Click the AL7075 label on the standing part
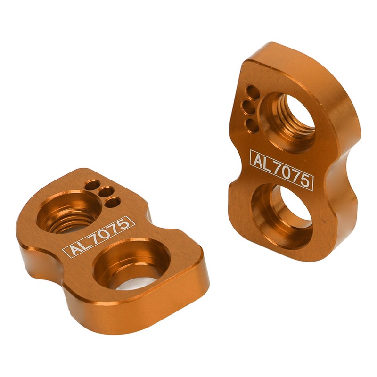tap(281, 170)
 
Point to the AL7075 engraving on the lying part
tap(99, 236)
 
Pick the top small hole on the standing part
tap(253, 91)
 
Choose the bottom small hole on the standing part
tap(251, 126)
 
